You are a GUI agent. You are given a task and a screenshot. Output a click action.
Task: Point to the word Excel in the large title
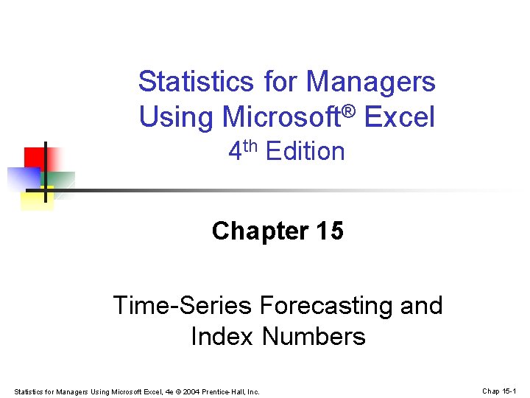click(x=402, y=117)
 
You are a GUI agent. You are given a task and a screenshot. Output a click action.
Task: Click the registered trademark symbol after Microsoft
click(x=350, y=111)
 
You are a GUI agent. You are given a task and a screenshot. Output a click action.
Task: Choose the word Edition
click(x=305, y=152)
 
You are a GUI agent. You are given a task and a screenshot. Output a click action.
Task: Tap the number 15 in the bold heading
click(x=328, y=231)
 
